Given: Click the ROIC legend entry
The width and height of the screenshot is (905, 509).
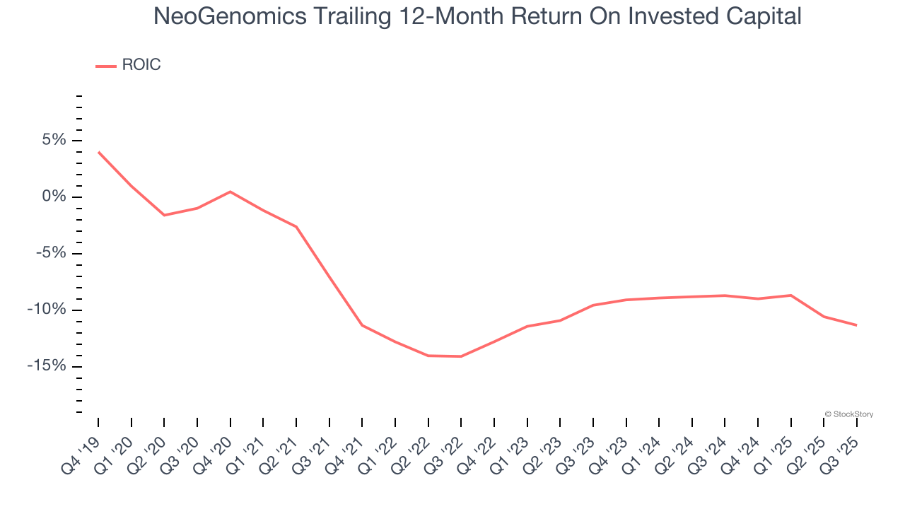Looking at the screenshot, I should coord(129,65).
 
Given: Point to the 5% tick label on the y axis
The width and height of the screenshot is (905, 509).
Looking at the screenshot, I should coord(54,140).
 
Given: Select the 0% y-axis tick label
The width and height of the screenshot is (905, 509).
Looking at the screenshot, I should coord(54,197).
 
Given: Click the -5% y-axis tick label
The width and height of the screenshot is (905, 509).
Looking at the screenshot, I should coord(51,253).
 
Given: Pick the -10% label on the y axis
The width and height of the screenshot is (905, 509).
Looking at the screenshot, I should coord(47,310).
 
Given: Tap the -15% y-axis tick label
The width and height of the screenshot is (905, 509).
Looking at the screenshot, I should coord(47,366).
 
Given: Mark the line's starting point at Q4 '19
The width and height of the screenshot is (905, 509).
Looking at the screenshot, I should coord(98,152).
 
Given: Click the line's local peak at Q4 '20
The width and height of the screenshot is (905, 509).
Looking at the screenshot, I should coord(230,192).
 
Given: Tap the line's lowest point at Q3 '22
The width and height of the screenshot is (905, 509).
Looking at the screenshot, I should coord(461,356).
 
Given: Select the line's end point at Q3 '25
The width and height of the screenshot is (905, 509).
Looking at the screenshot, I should coord(857,325).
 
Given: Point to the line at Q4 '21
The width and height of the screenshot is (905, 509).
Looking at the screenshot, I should coord(362,325).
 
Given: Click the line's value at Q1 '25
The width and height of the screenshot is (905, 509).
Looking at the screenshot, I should coord(791,295).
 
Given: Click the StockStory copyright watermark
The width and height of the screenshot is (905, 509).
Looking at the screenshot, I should coord(848,414).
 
